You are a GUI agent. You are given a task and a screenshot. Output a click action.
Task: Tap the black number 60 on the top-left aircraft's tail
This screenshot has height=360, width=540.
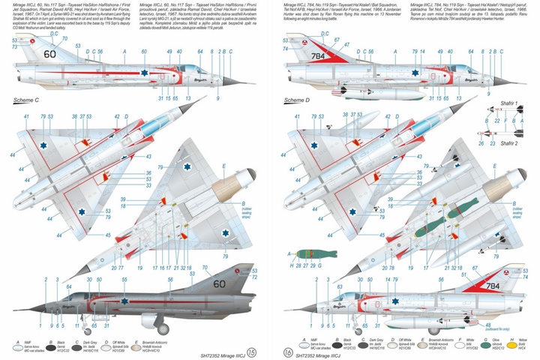click(49, 53)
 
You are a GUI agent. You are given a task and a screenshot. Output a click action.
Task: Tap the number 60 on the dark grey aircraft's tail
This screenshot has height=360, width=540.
click(219, 284)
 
